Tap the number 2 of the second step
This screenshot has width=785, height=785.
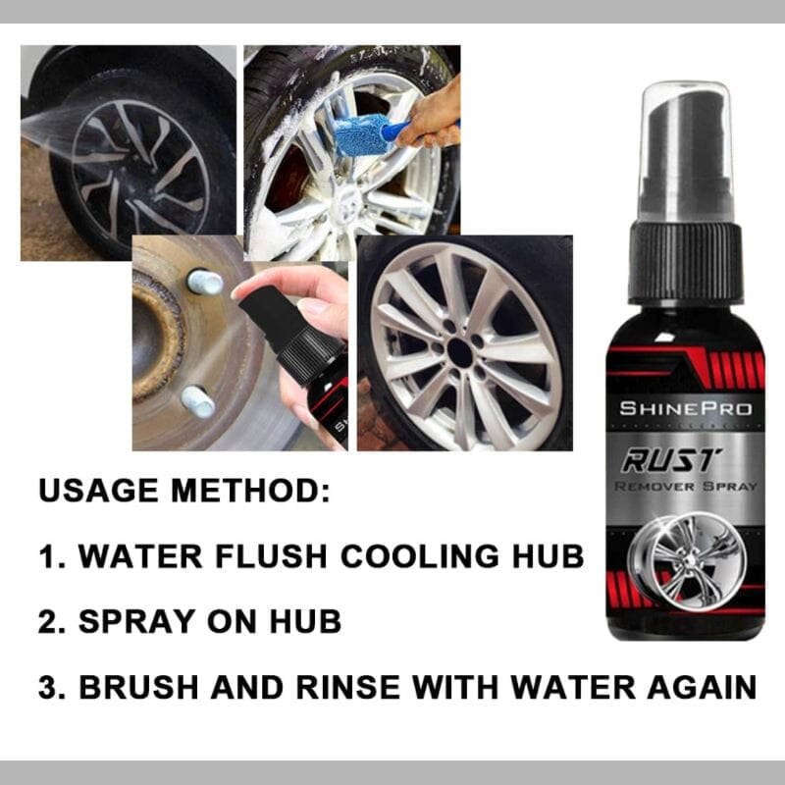(47, 621)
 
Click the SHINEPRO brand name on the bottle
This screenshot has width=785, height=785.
(685, 407)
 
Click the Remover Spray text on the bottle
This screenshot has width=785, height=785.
(685, 486)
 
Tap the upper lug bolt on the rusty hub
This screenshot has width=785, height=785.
(205, 283)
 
